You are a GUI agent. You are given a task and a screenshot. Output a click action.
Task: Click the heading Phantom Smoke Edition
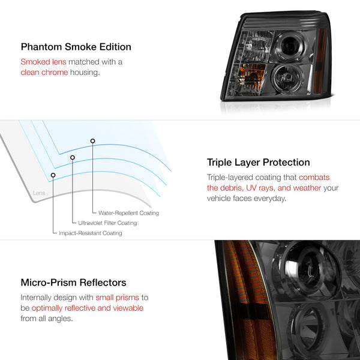click(76, 47)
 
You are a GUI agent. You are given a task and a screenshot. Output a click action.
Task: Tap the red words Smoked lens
click(43, 62)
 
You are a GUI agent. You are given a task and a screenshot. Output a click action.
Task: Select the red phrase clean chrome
click(44, 73)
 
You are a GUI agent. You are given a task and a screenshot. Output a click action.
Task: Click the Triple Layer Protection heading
click(258, 163)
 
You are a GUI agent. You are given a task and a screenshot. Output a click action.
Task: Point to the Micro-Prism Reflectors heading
click(73, 283)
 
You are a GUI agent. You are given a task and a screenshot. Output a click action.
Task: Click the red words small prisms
click(118, 298)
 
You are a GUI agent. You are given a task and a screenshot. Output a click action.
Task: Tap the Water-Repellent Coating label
click(128, 213)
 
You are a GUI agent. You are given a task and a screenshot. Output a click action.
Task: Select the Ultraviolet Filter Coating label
click(107, 223)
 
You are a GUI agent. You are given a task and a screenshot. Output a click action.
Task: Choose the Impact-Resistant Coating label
click(91, 233)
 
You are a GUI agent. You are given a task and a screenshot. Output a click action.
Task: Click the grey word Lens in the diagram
click(39, 193)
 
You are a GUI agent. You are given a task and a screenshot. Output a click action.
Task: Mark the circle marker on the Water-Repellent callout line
click(92, 141)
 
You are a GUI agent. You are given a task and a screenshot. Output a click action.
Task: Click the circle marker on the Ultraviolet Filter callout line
click(73, 157)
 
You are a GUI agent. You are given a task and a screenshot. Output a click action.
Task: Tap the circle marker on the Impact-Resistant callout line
click(53, 175)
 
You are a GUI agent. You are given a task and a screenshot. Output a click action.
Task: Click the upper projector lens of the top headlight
click(290, 46)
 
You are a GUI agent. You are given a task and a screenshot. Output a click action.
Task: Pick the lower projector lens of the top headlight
click(287, 78)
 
